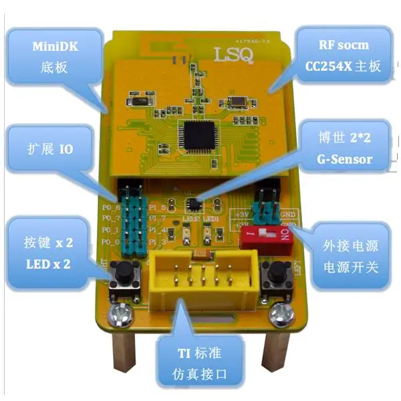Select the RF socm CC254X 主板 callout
click(344, 56)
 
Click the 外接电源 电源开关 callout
click(348, 255)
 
